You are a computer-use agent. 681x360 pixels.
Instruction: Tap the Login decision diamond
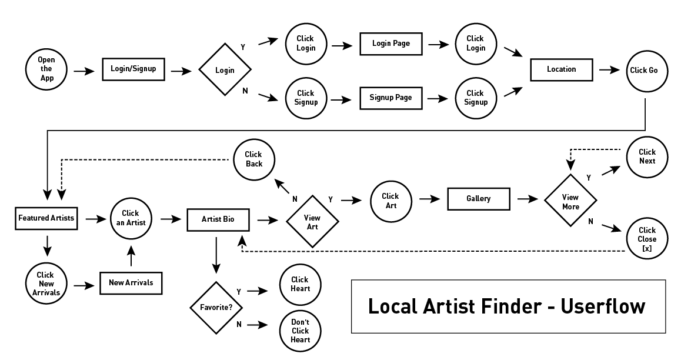coord(225,70)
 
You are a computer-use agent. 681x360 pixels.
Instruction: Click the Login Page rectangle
coord(391,44)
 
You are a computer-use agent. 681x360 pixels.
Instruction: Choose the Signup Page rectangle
coord(390,97)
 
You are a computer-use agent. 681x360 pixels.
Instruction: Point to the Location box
coord(561,69)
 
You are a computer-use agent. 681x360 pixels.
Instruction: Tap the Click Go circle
coord(647,70)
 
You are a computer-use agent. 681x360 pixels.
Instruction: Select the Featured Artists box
coord(46,218)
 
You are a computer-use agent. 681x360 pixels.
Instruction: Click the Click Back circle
coord(254,159)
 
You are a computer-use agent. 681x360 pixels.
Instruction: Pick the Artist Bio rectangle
coord(217,219)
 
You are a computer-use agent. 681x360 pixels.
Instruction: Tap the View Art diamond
coord(312,222)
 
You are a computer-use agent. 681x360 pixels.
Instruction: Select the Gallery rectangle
coord(478,199)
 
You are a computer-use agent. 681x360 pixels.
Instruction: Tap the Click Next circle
coord(647,156)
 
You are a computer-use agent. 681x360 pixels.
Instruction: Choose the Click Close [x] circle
coord(647,239)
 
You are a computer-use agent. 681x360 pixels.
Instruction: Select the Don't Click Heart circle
coord(300,331)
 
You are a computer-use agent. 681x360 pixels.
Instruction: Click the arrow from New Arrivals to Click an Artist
coord(131,256)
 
